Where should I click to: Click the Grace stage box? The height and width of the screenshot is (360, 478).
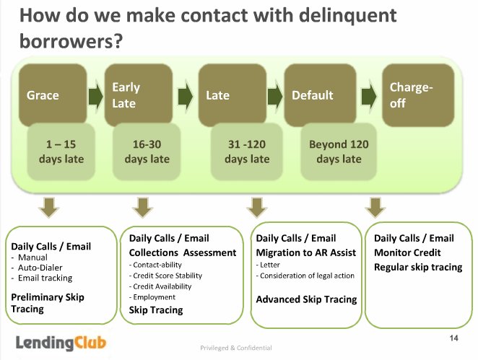click(x=53, y=95)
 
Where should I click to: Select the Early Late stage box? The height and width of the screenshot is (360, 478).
click(x=139, y=95)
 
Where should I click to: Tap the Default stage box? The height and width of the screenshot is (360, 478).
click(x=320, y=95)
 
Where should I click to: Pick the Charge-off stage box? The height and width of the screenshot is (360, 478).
click(x=418, y=95)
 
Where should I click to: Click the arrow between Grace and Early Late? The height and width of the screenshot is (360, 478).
click(x=96, y=96)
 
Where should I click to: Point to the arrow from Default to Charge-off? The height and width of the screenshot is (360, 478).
click(x=369, y=96)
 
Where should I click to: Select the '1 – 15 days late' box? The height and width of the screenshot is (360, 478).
click(x=61, y=152)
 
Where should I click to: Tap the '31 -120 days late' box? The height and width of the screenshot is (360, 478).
click(x=247, y=152)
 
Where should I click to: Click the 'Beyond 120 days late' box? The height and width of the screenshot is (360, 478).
click(x=339, y=152)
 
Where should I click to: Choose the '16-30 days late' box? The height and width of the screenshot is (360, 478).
click(x=147, y=152)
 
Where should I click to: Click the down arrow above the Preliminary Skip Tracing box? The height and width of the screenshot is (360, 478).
click(x=49, y=207)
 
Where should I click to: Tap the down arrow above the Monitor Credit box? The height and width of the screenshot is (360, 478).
click(x=375, y=207)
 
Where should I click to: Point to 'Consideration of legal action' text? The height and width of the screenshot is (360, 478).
click(x=305, y=276)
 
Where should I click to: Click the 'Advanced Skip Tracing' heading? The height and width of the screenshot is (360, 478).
click(x=306, y=299)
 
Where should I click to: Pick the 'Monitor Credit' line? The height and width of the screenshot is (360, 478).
click(x=407, y=253)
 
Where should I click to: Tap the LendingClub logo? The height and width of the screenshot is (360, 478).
click(x=61, y=343)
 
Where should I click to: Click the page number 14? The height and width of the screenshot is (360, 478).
click(x=453, y=338)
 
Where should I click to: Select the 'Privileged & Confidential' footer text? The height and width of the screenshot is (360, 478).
click(x=236, y=348)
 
